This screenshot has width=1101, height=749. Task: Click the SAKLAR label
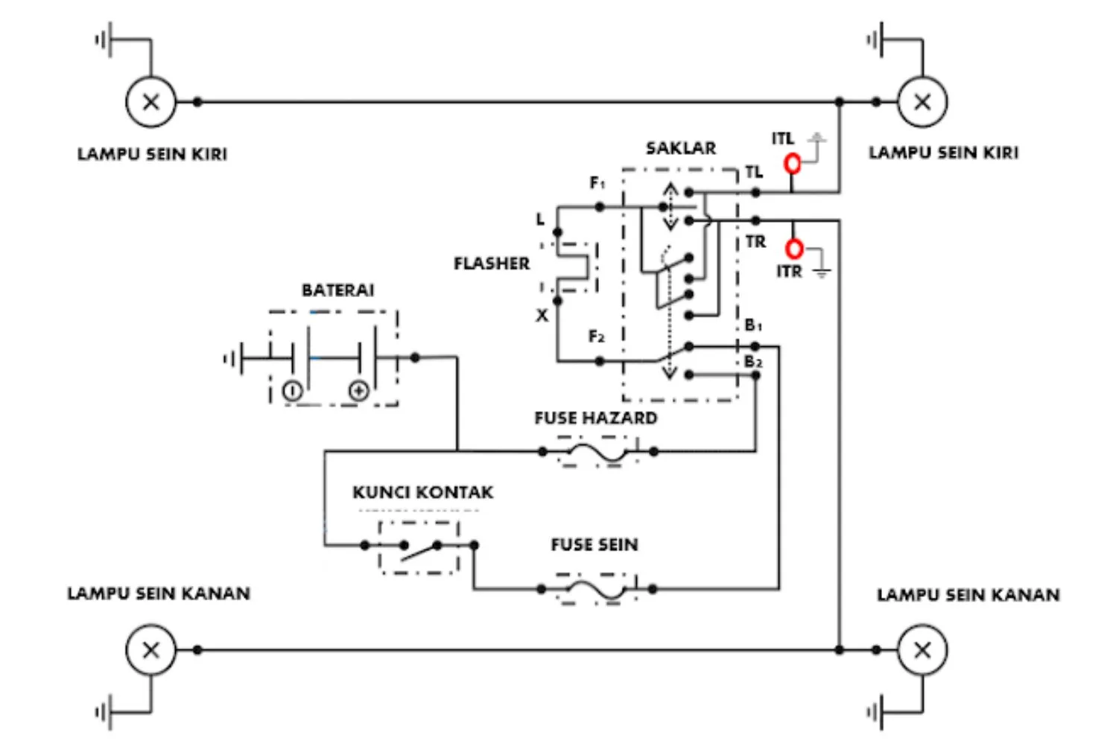point(680,148)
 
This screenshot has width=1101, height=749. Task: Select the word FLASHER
point(492,264)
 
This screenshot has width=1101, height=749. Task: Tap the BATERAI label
point(337,290)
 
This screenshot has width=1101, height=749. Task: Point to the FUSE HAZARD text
point(595,418)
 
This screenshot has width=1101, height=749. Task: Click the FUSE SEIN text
point(594,545)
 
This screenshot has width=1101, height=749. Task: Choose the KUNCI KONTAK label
point(422,492)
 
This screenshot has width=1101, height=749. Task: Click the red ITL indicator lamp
point(793,163)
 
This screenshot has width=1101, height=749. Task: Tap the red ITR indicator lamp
point(795,248)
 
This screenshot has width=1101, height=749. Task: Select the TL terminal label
point(754,172)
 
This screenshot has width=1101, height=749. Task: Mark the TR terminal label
point(755,242)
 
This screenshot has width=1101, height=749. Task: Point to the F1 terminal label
point(597,182)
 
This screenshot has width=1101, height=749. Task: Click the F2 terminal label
point(597,337)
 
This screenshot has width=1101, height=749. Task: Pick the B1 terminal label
point(753,325)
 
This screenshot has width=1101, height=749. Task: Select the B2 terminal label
point(753,362)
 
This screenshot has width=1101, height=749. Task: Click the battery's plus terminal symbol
point(359,390)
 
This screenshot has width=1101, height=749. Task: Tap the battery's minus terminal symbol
point(292,390)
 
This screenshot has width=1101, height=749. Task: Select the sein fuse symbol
point(596,589)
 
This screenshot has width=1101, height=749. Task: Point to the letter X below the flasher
point(542,316)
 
